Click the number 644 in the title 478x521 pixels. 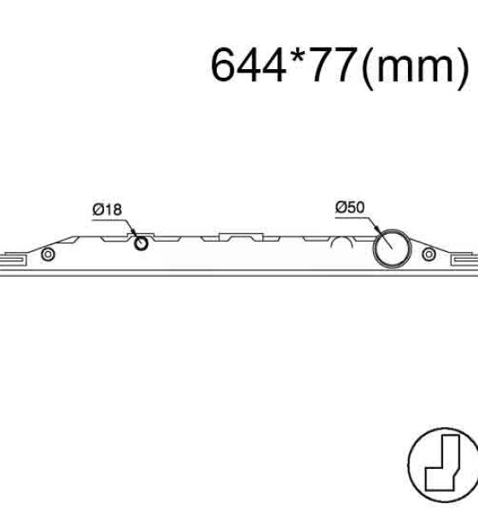click(248, 64)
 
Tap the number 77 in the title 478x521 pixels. click(333, 64)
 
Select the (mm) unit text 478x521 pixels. click(415, 67)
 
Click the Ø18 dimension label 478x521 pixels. click(108, 209)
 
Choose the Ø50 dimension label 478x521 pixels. click(350, 208)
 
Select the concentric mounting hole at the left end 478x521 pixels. click(48, 255)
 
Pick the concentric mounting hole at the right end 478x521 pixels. click(428, 255)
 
